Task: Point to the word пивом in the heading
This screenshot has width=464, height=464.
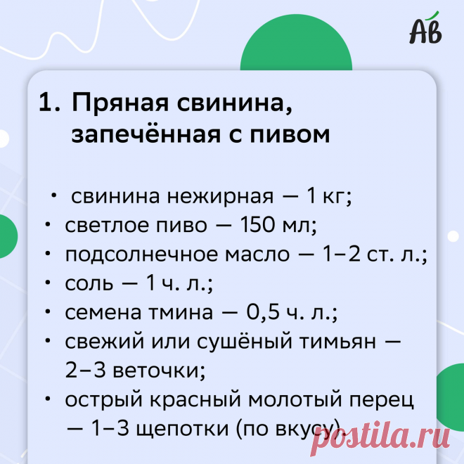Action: pos(291,134)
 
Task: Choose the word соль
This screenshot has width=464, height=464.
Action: pos(89,285)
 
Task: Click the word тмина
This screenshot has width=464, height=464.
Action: pos(183,314)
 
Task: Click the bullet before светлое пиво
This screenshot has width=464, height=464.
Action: pos(46,226)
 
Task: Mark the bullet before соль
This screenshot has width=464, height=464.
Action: pos(46,285)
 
